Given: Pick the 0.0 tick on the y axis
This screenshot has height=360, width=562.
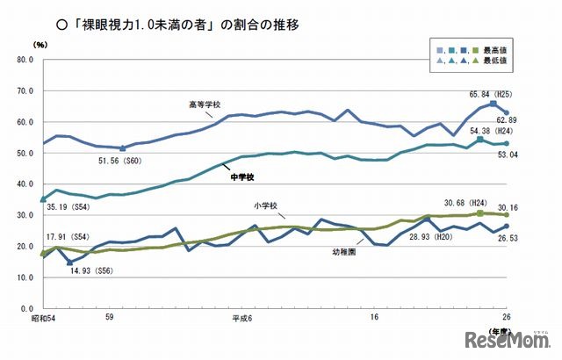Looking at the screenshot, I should [x=25, y=308].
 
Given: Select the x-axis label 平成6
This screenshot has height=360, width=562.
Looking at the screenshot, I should [x=243, y=318].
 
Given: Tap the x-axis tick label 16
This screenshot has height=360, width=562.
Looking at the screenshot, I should [x=374, y=318].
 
